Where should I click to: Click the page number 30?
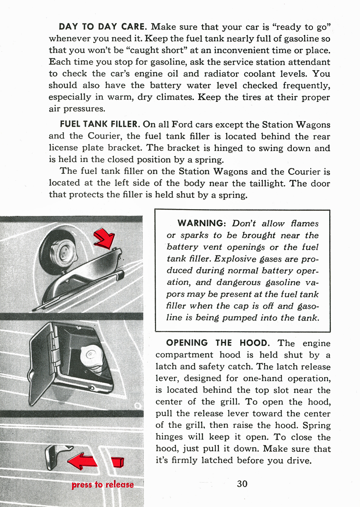pos(242,483)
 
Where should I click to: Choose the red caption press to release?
pos(103,485)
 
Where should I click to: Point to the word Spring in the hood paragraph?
pos(316,426)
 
